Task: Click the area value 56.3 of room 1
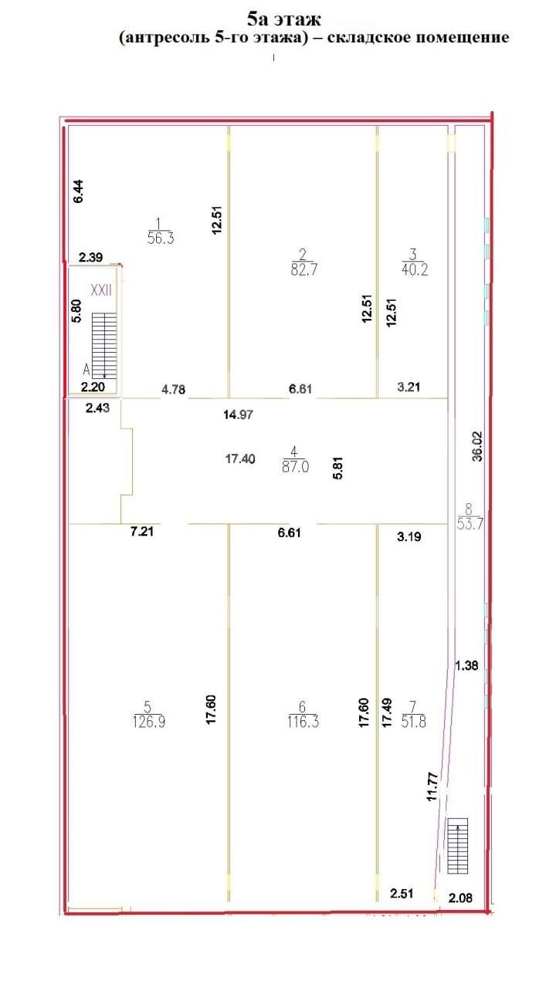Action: click(x=161, y=239)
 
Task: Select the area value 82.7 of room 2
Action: click(x=304, y=269)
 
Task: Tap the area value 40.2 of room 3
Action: click(x=415, y=269)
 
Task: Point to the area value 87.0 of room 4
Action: click(x=295, y=467)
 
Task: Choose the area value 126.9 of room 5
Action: click(x=149, y=722)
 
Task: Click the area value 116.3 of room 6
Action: click(x=303, y=722)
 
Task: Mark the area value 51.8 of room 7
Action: click(x=414, y=722)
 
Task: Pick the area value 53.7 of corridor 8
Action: click(x=470, y=524)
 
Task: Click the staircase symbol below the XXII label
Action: click(x=104, y=346)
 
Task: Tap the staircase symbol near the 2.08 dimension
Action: click(x=457, y=845)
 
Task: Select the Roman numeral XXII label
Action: click(x=101, y=291)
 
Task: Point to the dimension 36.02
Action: click(x=477, y=446)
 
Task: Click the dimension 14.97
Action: click(x=239, y=414)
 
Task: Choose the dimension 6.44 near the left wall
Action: click(x=78, y=191)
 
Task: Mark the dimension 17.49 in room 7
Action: click(x=387, y=712)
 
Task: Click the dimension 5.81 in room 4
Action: click(x=337, y=468)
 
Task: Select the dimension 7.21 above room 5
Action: click(x=142, y=531)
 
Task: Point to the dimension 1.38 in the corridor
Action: click(x=466, y=665)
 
